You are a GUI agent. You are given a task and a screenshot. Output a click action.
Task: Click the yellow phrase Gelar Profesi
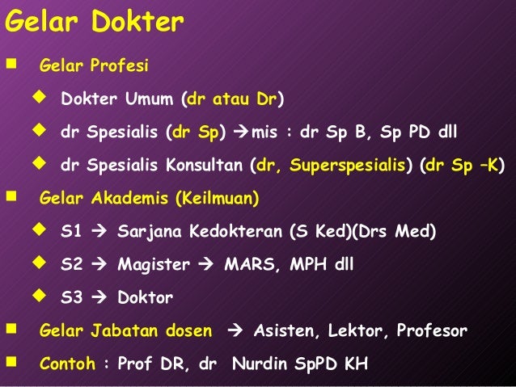[94, 65]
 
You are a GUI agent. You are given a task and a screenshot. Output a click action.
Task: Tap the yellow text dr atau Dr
[233, 100]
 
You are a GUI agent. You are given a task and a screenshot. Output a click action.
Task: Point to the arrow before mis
[242, 133]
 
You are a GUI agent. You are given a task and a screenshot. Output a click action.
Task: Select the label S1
[71, 232]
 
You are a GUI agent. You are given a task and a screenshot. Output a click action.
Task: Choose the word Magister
[154, 265]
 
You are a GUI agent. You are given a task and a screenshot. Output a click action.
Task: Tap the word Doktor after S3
[146, 298]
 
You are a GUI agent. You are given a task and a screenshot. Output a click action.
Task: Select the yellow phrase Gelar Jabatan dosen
[126, 331]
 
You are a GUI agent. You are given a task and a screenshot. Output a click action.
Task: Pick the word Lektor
[357, 331]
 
